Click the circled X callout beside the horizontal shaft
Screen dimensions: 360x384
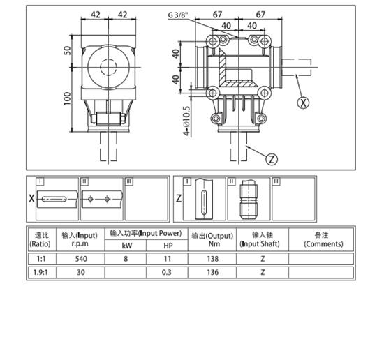click(303, 102)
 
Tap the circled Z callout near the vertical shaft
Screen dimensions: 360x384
click(272, 158)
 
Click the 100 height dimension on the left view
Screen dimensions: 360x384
click(68, 98)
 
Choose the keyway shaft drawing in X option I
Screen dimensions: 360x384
click(56, 200)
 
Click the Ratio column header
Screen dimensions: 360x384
click(40, 239)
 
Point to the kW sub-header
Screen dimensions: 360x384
click(126, 245)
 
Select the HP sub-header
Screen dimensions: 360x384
click(168, 245)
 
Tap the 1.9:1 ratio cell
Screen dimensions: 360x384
click(40, 272)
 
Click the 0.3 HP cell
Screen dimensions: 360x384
click(168, 272)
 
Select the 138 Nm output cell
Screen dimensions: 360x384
click(212, 258)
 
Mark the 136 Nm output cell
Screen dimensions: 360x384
click(212, 272)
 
